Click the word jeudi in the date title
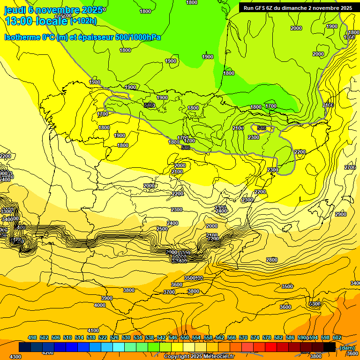[x=15, y=10]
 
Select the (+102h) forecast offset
[x=83, y=21]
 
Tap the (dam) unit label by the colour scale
[x=347, y=347]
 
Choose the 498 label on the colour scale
[x=32, y=337]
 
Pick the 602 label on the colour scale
[x=337, y=337]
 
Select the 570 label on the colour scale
[x=243, y=337]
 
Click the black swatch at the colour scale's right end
[x=330, y=347]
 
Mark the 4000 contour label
[x=100, y=305]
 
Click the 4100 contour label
[x=93, y=330]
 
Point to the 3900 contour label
[x=107, y=298]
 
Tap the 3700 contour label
[x=169, y=292]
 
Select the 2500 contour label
[x=162, y=229]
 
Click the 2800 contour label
[x=271, y=260]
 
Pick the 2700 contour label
[x=350, y=167]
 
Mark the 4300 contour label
[x=15, y=357]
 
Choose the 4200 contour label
[x=47, y=352]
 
